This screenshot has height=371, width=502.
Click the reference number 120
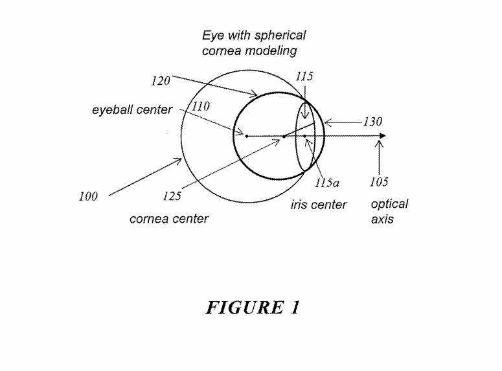(x=161, y=81)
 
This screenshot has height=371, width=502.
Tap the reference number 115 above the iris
(x=304, y=76)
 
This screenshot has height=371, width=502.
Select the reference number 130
(x=372, y=122)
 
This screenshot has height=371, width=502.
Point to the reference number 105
(x=379, y=182)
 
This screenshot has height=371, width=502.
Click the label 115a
(x=326, y=183)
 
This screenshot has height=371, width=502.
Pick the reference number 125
(x=172, y=196)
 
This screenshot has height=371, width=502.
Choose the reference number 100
(x=88, y=196)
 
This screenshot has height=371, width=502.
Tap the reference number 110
(x=201, y=106)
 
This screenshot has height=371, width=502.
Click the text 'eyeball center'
(x=132, y=110)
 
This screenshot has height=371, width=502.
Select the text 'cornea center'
(x=169, y=219)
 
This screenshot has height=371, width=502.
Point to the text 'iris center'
(x=319, y=205)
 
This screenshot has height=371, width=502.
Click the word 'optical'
(x=389, y=205)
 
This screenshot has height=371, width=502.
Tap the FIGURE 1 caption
(x=253, y=308)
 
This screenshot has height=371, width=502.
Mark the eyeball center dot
(x=247, y=136)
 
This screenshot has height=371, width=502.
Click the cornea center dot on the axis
(x=284, y=137)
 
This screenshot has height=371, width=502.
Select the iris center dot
(x=305, y=137)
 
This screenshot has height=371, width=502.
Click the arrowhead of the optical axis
(x=383, y=136)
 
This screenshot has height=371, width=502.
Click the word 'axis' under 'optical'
(x=382, y=219)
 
